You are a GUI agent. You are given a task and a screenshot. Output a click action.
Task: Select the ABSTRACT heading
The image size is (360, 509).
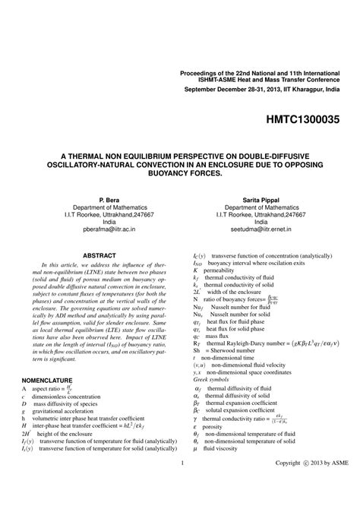99,255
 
